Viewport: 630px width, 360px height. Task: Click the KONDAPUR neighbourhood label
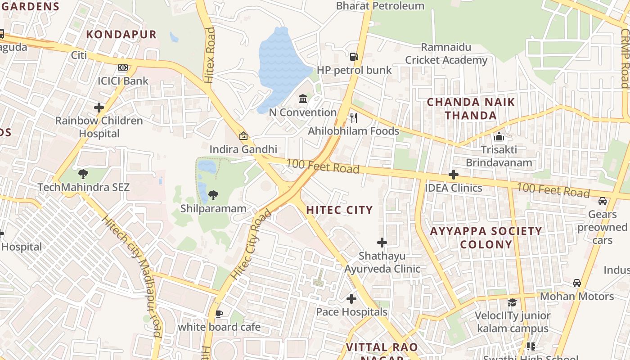point(121,34)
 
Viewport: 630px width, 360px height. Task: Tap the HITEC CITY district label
point(340,210)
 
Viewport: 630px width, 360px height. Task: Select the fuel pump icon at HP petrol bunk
point(354,57)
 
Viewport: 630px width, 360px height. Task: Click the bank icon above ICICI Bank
point(122,68)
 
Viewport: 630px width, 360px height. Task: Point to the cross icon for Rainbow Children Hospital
point(99,108)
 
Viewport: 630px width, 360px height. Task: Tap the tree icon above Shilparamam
point(213,195)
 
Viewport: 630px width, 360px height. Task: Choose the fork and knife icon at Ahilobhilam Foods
point(354,118)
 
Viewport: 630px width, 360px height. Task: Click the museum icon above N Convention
point(303,99)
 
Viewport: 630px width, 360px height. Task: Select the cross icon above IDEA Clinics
point(454,175)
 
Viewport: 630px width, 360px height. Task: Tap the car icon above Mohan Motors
point(577,283)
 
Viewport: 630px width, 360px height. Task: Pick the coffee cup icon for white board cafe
point(219,314)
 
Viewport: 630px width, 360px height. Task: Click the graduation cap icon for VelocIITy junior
point(513,302)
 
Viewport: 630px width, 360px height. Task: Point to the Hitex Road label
point(210,55)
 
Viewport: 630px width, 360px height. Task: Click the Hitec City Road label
point(250,244)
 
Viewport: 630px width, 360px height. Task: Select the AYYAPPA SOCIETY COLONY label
point(486,238)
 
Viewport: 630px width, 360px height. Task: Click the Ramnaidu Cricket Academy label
point(446,54)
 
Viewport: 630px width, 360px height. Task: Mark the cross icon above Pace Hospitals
point(351,299)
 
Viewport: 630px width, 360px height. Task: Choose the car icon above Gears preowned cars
point(603,201)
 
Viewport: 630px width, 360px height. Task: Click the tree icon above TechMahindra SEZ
point(83,174)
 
